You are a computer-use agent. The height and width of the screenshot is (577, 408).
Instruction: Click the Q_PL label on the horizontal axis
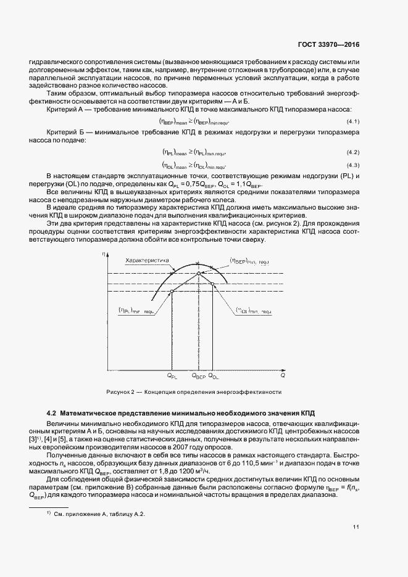[172, 375]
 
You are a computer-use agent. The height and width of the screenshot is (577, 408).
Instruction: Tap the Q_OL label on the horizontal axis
[213, 375]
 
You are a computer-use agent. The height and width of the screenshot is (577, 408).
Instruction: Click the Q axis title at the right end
[283, 374]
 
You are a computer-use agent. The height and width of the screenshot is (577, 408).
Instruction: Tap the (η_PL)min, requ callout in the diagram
[135, 311]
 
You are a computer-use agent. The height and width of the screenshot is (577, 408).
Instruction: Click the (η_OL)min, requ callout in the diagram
[254, 312]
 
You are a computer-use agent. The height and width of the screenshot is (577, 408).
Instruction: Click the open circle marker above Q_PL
[172, 291]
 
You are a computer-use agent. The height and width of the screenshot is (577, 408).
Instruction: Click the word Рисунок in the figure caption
[117, 392]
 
